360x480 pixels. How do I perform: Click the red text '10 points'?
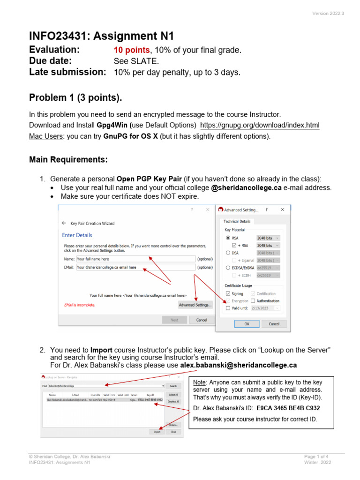click(129, 50)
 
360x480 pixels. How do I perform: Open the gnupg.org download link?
click(260, 125)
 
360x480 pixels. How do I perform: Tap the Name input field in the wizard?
click(135, 259)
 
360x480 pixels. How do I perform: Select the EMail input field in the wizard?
click(135, 267)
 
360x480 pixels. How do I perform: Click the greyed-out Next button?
click(174, 320)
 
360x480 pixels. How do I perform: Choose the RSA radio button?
click(228, 238)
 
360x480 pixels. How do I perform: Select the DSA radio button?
click(228, 252)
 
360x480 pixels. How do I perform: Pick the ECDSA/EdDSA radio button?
click(228, 268)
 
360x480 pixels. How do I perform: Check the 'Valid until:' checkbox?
click(228, 308)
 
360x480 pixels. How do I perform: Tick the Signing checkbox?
click(228, 293)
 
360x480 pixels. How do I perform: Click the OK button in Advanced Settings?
click(247, 324)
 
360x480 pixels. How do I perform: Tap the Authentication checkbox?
click(253, 301)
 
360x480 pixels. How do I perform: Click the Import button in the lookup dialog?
click(157, 432)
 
